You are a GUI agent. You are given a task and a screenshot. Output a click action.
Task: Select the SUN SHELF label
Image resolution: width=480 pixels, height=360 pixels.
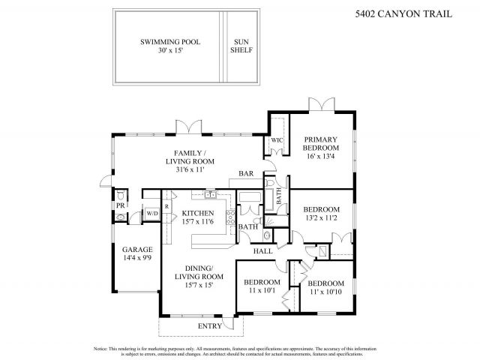(242, 46)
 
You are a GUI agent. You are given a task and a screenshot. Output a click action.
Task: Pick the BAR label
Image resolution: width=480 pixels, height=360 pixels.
(246, 174)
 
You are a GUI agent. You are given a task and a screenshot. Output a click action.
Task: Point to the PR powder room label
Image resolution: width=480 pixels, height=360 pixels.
(118, 205)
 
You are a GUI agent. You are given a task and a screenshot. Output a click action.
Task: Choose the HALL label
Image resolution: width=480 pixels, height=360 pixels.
(262, 251)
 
